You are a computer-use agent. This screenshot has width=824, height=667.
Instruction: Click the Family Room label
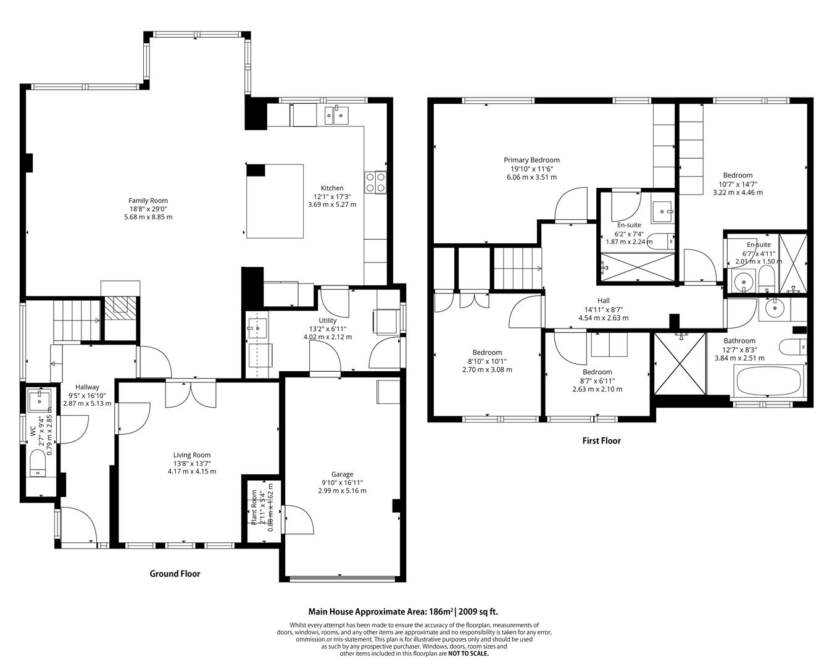pyautogui.click(x=148, y=201)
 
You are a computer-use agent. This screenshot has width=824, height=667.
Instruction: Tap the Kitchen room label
pyautogui.click(x=331, y=188)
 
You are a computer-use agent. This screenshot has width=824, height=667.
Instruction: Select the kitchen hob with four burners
pyautogui.click(x=376, y=182)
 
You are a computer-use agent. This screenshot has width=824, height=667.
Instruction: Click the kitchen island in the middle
pyautogui.click(x=275, y=201)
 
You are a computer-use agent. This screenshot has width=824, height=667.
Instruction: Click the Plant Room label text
pyautogui.click(x=254, y=508)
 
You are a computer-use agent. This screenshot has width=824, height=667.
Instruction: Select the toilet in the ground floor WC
pyautogui.click(x=38, y=463)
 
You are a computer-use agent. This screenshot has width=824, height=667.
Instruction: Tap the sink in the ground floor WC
pyautogui.click(x=41, y=400)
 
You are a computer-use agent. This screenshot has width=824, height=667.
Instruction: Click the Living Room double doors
pyautogui.click(x=191, y=395)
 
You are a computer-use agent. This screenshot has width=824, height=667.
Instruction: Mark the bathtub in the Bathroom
pyautogui.click(x=768, y=382)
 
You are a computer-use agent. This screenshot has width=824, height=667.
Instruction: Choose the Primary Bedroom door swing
pyautogui.click(x=571, y=206)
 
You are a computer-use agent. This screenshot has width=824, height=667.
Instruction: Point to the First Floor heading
pyautogui.click(x=601, y=441)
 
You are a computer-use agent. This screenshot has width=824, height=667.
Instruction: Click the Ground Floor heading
pyautogui.click(x=175, y=574)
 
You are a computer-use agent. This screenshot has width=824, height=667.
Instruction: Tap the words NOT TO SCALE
pyautogui.click(x=468, y=653)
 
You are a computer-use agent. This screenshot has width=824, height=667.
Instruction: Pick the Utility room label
pyautogui.click(x=327, y=321)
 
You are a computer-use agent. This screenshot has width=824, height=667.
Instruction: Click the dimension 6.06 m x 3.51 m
pyautogui.click(x=531, y=177)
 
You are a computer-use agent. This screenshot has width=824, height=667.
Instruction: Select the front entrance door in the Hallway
pyautogui.click(x=79, y=526)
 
